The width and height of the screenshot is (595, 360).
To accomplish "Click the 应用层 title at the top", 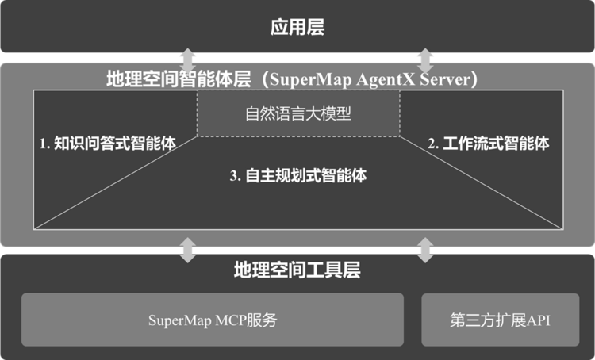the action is [x=297, y=27].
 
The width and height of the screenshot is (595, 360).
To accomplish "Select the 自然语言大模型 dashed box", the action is [x=298, y=113].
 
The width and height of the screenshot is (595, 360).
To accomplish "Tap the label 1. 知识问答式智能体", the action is [x=108, y=144].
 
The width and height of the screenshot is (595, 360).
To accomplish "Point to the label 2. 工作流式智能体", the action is [x=489, y=144].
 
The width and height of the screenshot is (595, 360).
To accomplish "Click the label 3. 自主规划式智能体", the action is [x=298, y=175].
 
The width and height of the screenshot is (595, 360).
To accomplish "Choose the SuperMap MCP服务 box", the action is [x=213, y=320].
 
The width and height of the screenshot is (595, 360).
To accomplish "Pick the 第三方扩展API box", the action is [x=501, y=320].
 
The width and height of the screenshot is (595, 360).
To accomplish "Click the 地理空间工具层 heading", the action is [x=297, y=270].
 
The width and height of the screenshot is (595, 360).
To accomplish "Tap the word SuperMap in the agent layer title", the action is [x=311, y=79].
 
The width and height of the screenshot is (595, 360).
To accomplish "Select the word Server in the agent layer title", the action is [x=445, y=79].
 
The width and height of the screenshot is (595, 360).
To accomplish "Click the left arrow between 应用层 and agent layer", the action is [x=187, y=60].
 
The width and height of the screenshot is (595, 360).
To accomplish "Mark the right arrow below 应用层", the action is [x=425, y=60].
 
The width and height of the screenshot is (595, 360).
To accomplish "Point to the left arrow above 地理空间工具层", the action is [x=187, y=250].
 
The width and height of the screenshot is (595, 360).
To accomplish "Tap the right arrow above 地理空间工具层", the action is [x=425, y=250].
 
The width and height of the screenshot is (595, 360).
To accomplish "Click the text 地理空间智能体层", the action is [x=178, y=79].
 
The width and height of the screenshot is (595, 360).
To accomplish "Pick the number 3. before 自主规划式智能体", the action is [x=236, y=175].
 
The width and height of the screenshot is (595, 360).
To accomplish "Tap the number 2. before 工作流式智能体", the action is [x=433, y=144].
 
